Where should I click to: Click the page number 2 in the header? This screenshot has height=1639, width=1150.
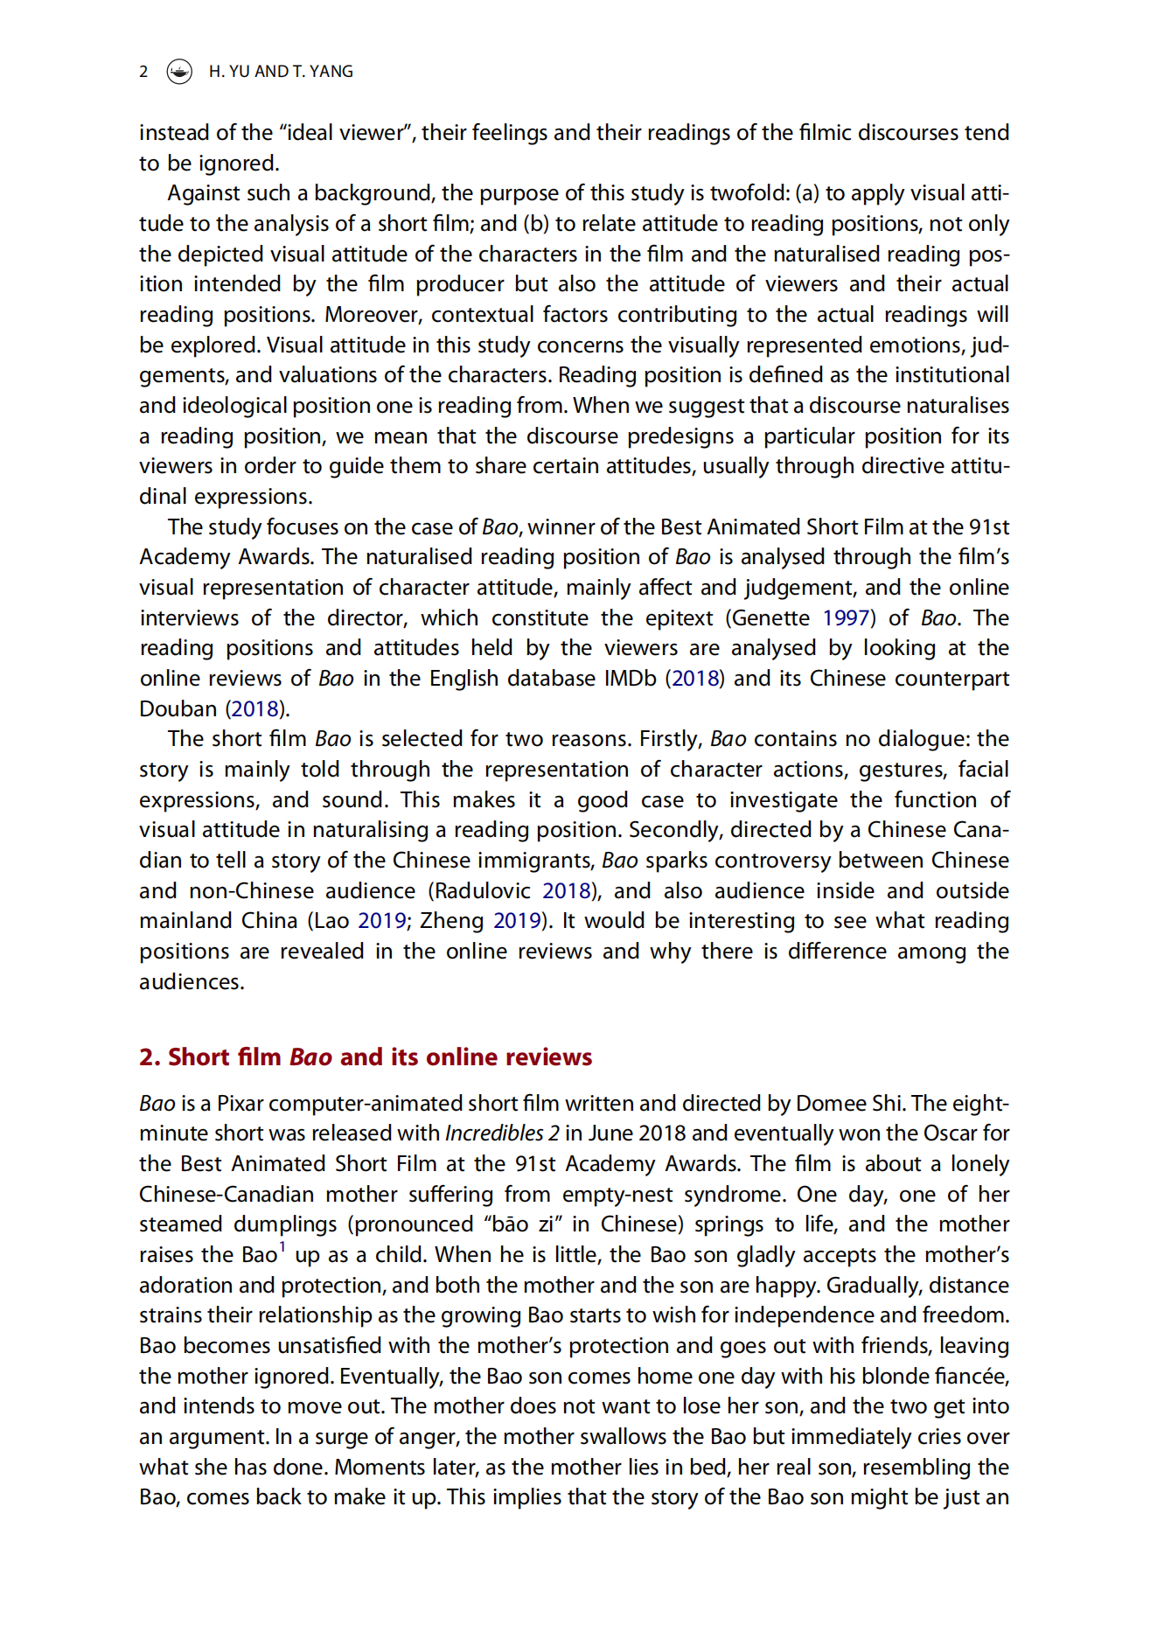(143, 72)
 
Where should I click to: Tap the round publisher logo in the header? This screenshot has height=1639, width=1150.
(179, 72)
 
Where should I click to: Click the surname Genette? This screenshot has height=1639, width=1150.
(770, 618)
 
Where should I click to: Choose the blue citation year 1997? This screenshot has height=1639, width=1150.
(846, 618)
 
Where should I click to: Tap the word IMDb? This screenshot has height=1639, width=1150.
(630, 679)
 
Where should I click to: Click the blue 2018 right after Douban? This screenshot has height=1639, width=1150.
(254, 709)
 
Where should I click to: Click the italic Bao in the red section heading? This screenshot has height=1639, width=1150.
(310, 1057)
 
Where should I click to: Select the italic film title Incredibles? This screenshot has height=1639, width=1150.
(494, 1133)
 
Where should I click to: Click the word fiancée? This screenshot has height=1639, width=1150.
(971, 1377)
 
